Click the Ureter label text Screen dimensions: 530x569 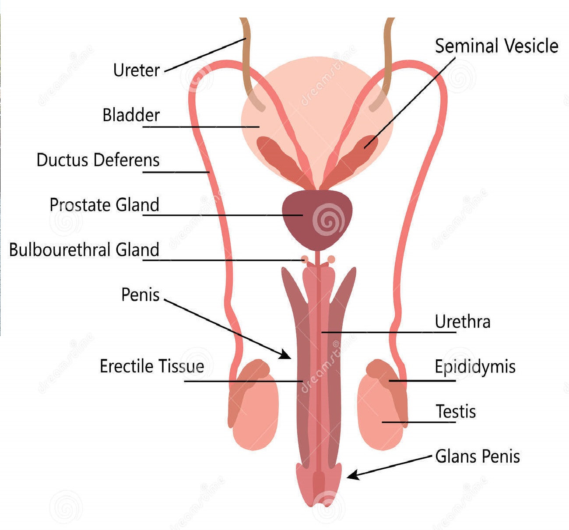[136, 70]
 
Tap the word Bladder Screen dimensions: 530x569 [131, 115]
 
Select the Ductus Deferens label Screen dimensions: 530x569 [98, 160]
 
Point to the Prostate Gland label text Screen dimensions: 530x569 [104, 205]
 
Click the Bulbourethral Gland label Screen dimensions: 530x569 [84, 250]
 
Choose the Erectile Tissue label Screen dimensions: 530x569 [151, 366]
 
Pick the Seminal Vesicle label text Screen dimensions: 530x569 [496, 46]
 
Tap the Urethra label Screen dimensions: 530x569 [462, 322]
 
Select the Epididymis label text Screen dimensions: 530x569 [475, 367]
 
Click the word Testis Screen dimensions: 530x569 [455, 411]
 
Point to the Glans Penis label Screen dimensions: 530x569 [477, 456]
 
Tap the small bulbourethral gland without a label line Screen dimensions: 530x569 [331, 260]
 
